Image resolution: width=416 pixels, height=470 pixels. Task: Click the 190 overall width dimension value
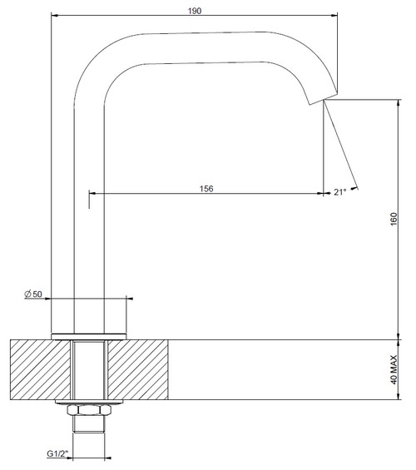click(195, 7)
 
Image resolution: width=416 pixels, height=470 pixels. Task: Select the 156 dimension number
click(206, 188)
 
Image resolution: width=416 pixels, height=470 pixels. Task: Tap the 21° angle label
click(339, 192)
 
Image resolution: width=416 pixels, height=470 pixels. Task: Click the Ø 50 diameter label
click(33, 294)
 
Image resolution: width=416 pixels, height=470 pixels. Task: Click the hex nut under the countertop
click(89, 412)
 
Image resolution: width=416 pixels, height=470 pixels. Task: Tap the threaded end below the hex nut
click(89, 426)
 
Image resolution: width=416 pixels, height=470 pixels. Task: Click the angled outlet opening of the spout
click(321, 99)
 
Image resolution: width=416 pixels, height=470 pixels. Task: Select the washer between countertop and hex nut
click(89, 404)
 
